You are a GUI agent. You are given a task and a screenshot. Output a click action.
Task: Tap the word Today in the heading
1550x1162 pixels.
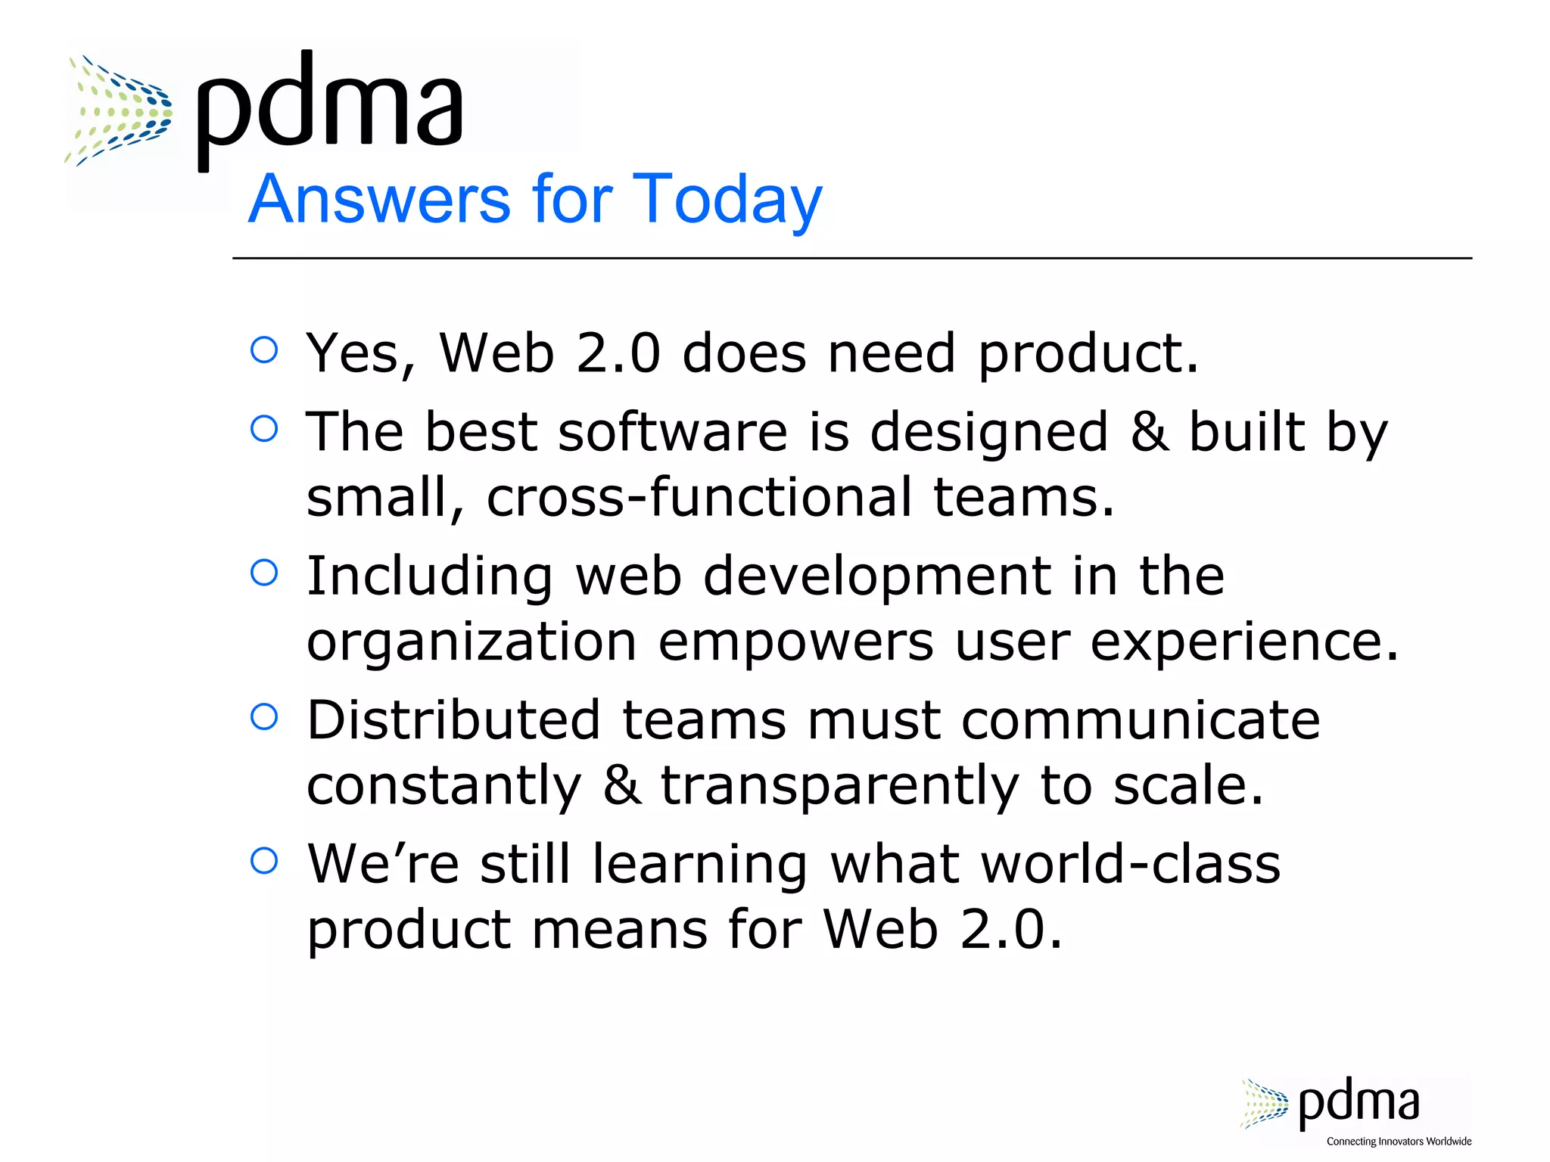point(727,200)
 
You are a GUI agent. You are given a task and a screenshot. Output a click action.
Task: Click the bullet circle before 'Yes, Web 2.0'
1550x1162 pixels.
point(264,350)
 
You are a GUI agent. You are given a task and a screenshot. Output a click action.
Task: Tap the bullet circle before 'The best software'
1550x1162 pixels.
point(264,429)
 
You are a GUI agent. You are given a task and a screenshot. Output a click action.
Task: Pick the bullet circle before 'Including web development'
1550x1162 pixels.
point(264,573)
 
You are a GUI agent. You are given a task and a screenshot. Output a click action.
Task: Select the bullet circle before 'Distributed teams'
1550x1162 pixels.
point(264,716)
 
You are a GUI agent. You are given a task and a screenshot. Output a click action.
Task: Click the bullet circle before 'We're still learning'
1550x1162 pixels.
point(264,860)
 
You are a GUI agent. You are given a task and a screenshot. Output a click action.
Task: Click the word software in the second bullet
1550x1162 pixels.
point(673,432)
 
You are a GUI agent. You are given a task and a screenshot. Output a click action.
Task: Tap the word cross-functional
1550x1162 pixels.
point(699,497)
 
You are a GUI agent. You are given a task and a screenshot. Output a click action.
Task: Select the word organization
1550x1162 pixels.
point(472,642)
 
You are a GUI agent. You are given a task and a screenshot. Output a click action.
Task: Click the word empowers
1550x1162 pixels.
point(795,642)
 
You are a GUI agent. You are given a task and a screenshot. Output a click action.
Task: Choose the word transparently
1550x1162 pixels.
point(840,786)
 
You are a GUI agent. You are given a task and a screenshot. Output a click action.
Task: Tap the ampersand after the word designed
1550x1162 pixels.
point(1149,432)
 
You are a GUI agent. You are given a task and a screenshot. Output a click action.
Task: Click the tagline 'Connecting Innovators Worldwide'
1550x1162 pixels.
point(1399,1142)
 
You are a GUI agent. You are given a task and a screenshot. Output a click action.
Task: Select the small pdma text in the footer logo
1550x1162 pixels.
point(1359,1104)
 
